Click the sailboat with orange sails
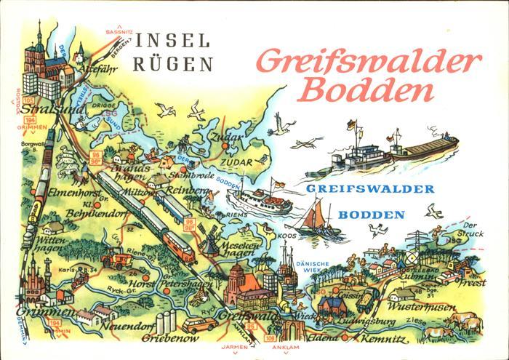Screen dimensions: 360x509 click(x=316, y=215)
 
